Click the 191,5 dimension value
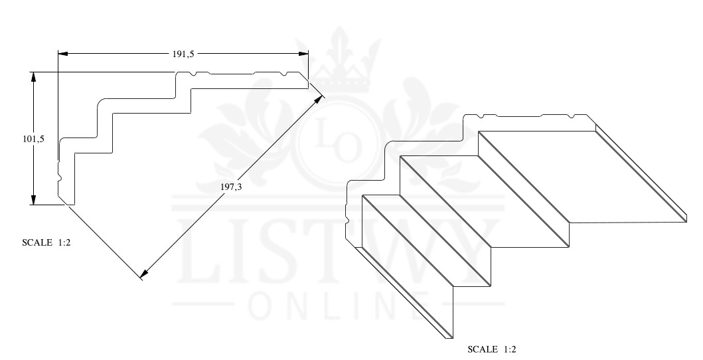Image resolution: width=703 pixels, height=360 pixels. pos(183,54)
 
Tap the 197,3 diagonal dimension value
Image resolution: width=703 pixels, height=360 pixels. pos(231,187)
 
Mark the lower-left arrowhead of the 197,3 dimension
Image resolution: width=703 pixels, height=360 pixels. pos(143,272)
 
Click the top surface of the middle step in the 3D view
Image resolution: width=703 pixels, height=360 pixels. pos(485,199)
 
